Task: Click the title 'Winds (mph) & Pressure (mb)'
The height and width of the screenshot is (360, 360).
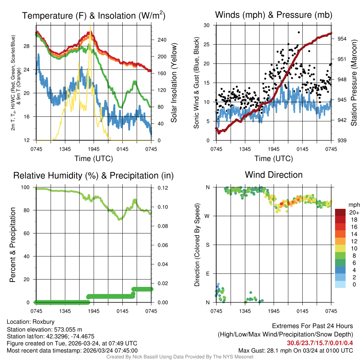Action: (x=274, y=15)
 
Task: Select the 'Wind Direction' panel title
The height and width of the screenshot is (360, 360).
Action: (x=274, y=175)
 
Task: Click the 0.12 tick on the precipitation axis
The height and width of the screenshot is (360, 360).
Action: (x=159, y=188)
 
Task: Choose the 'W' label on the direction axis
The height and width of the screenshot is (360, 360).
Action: (x=207, y=216)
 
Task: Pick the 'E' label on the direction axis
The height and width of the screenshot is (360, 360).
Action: (x=208, y=274)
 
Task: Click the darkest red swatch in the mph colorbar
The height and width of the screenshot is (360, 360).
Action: (x=340, y=212)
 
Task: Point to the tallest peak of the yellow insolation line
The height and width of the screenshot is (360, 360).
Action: (x=90, y=26)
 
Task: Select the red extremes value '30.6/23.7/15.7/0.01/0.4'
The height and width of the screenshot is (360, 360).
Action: (x=320, y=343)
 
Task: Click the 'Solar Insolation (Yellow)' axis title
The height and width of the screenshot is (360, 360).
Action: (x=174, y=83)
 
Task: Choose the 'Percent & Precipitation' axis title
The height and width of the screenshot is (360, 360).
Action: (x=13, y=245)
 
